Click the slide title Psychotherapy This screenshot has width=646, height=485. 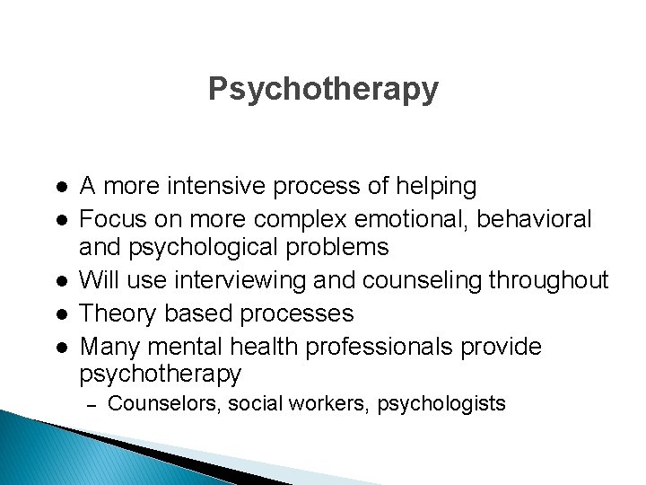pyautogui.click(x=323, y=89)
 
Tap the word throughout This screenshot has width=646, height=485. pyautogui.click(x=551, y=281)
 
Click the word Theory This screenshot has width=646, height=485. pyautogui.click(x=114, y=313)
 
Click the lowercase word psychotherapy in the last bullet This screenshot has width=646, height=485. pyautogui.click(x=161, y=374)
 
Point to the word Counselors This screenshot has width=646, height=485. pyautogui.click(x=163, y=404)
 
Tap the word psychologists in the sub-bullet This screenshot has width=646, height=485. pyautogui.click(x=441, y=404)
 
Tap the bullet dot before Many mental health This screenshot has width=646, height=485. pyautogui.click(x=58, y=347)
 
